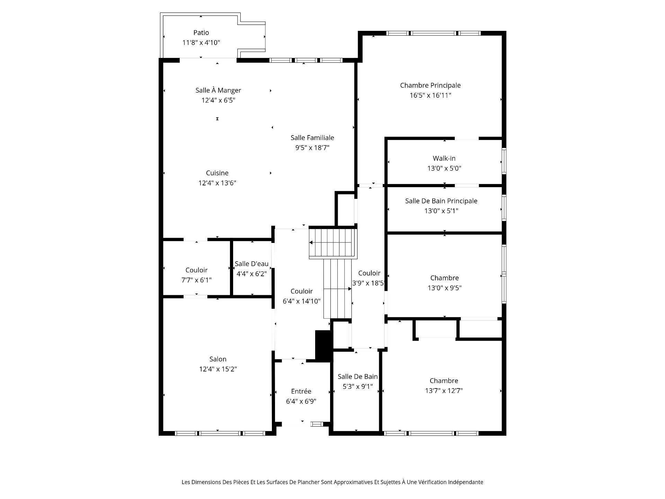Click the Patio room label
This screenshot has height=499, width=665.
[201, 33]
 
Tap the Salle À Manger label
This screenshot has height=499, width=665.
[218, 90]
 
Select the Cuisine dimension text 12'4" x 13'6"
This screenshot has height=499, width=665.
[217, 183]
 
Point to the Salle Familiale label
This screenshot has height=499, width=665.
[312, 138]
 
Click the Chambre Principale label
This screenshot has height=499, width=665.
[430, 85]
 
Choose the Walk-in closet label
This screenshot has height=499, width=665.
[444, 158]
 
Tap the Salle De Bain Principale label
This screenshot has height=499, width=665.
[441, 201]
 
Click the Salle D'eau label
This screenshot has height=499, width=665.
[251, 264]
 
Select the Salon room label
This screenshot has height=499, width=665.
[218, 359]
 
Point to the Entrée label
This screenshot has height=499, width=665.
[301, 391]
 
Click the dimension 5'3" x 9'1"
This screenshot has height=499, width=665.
[358, 386]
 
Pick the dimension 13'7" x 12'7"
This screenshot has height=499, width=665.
[444, 391]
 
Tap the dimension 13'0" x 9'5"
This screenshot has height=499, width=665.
[444, 288]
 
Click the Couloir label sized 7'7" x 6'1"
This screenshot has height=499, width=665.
[196, 270]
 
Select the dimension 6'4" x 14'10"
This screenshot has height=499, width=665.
[302, 301]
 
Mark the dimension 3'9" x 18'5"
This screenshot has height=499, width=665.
[369, 283]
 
